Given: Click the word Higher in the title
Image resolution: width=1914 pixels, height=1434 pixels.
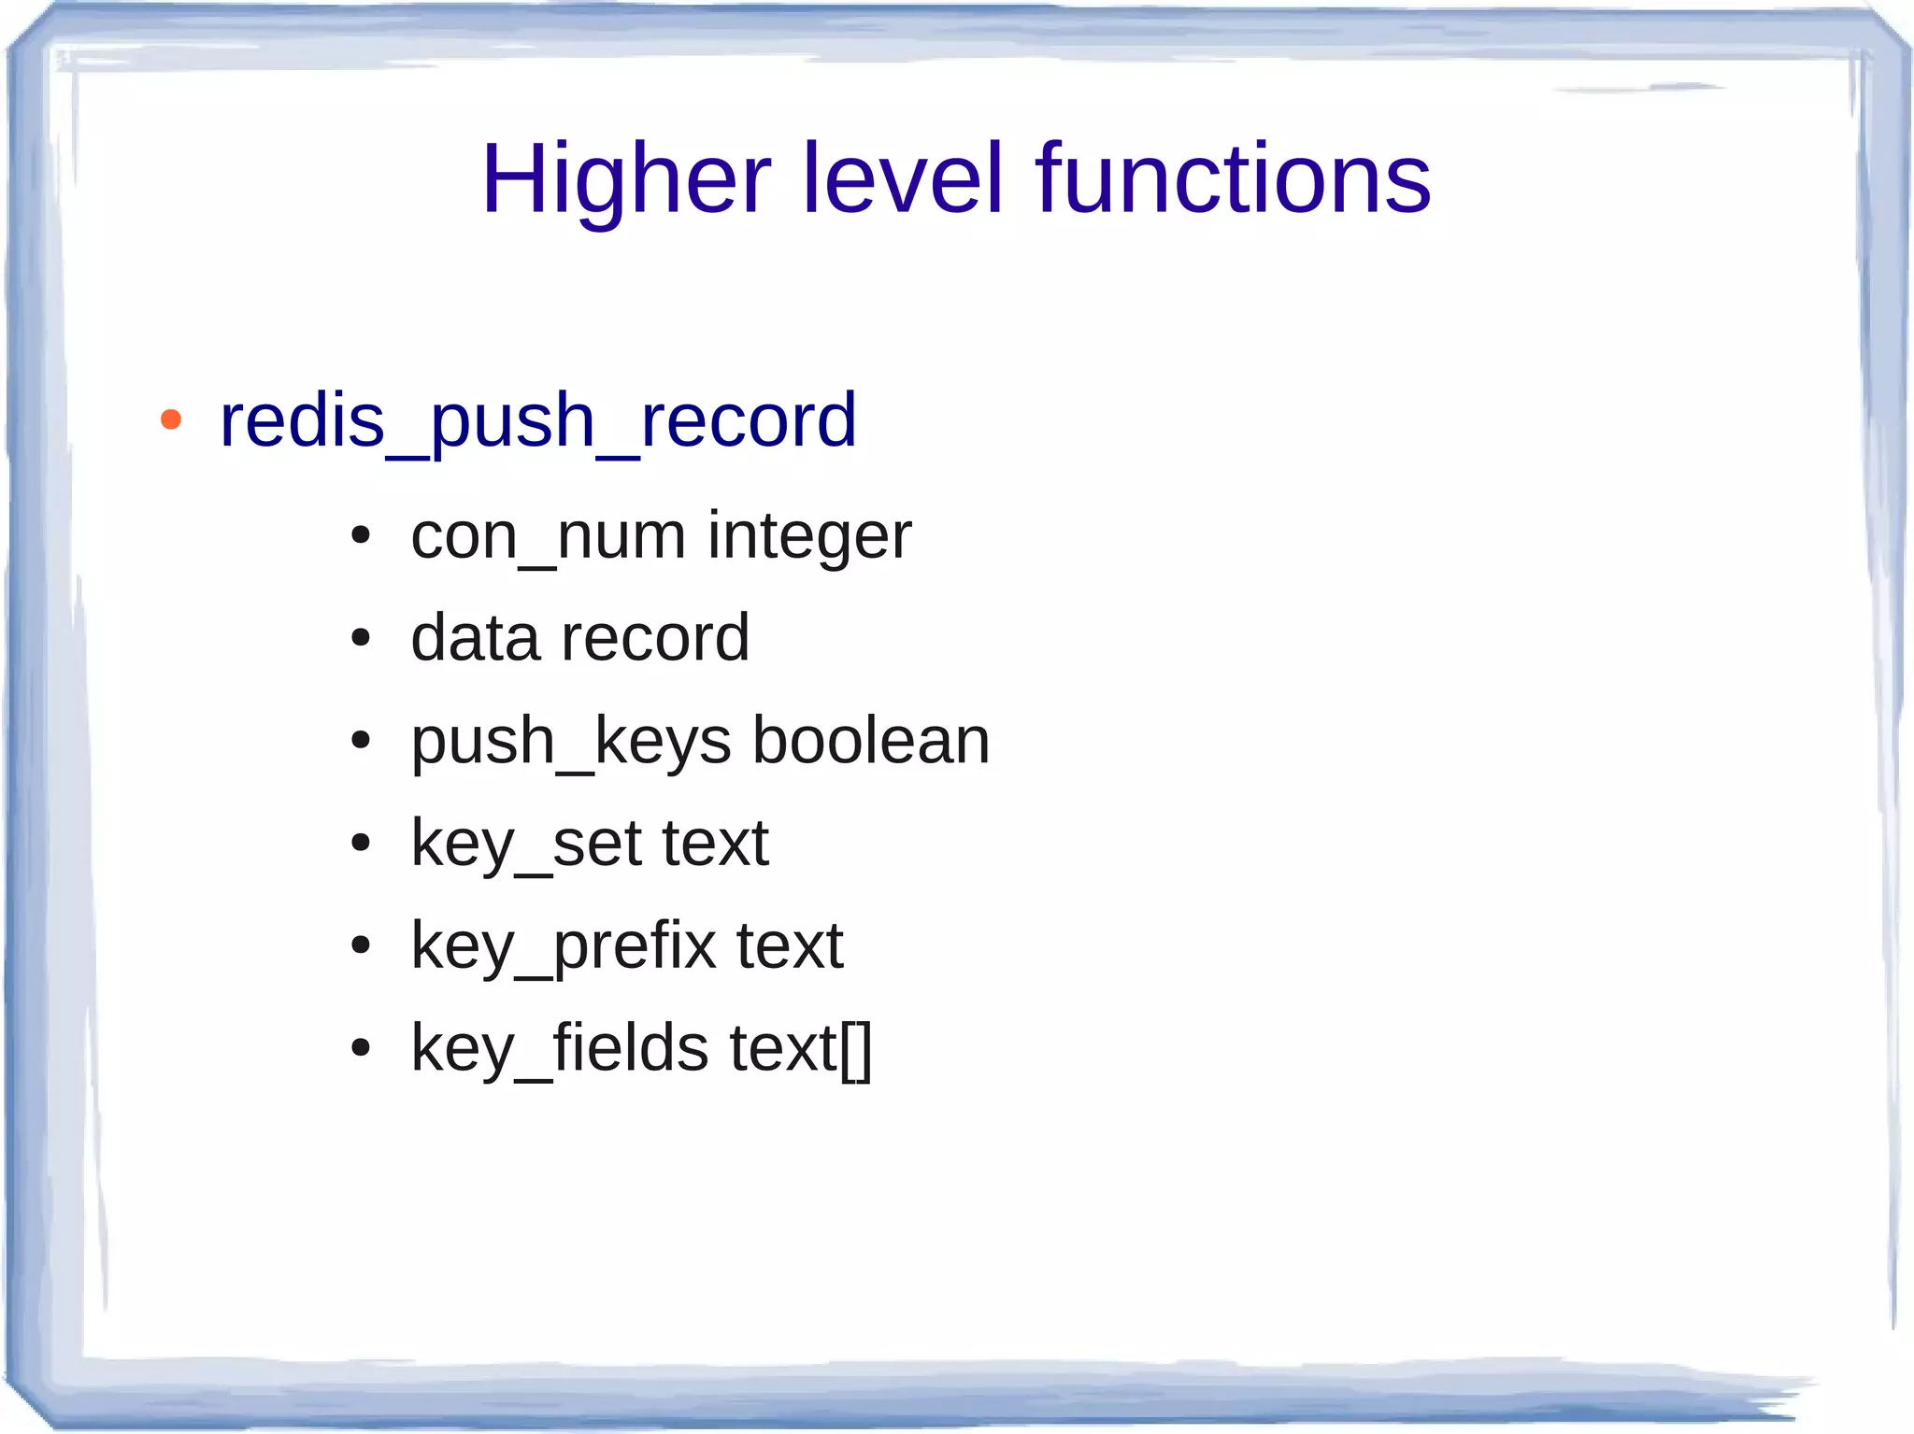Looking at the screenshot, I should (625, 179).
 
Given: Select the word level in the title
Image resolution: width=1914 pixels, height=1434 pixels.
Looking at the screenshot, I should (902, 179).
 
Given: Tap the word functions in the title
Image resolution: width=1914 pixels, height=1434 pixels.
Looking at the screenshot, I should (1232, 179).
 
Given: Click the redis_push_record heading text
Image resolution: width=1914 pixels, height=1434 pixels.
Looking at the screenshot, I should (537, 421).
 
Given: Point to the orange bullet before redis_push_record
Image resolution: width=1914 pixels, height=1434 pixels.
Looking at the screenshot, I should (170, 419).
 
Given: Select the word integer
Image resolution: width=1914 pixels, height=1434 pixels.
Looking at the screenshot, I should (808, 538).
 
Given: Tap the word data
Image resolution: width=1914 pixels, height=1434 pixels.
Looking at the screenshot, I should (475, 638).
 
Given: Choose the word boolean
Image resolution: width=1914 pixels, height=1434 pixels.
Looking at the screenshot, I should (871, 741).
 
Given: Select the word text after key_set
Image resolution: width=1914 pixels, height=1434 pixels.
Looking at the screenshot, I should (714, 844).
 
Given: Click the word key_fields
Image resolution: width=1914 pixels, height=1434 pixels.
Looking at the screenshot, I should (560, 1048).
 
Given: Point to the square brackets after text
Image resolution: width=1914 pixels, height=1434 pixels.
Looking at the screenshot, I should (856, 1050).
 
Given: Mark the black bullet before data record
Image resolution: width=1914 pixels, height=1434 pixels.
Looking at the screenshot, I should (360, 639).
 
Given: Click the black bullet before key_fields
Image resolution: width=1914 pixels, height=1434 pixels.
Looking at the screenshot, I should (360, 1048).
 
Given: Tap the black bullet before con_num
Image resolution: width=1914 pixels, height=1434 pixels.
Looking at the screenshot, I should (360, 536).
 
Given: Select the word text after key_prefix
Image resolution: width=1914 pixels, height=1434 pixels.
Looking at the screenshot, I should (790, 946).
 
